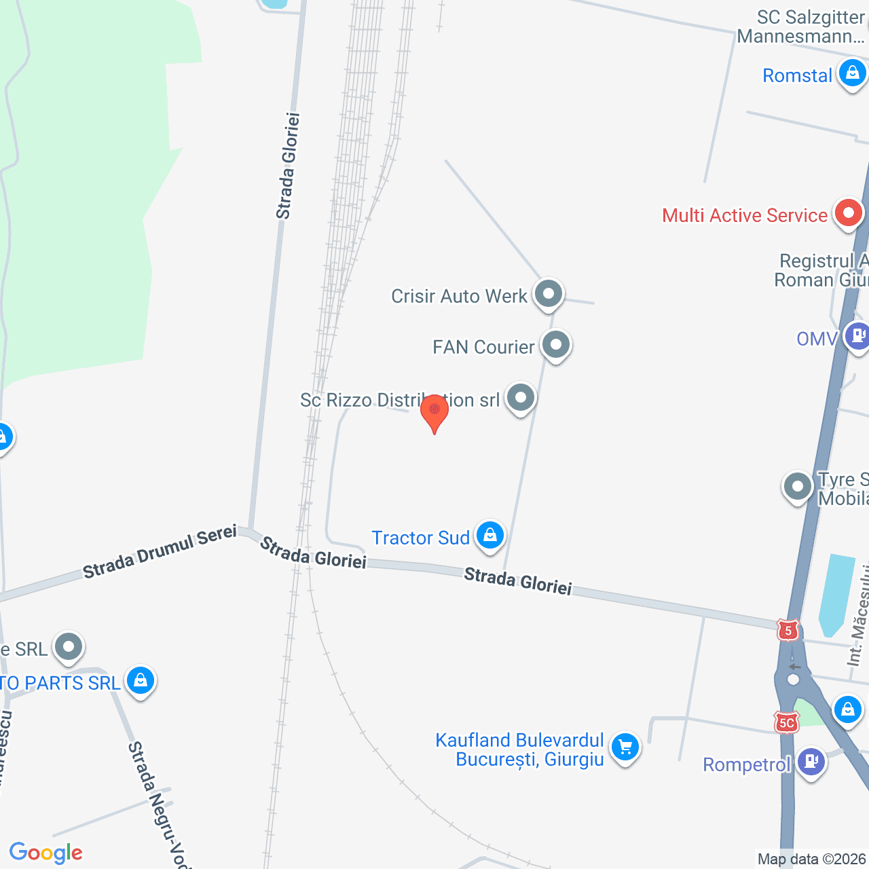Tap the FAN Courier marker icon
coord(556,346)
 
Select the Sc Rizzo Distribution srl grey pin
coord(521,398)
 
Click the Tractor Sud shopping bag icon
coord(489,536)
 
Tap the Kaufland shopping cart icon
coord(625,747)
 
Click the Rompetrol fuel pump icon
coord(811,762)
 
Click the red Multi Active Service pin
coord(847,214)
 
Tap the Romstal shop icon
coord(852,72)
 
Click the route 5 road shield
coord(788,631)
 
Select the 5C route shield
coord(786,723)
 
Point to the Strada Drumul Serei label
coord(160,551)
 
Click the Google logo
coord(46,853)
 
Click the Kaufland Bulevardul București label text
coord(519,750)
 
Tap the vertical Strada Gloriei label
coord(288,166)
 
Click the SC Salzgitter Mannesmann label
coord(801,26)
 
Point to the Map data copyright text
coord(812,859)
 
